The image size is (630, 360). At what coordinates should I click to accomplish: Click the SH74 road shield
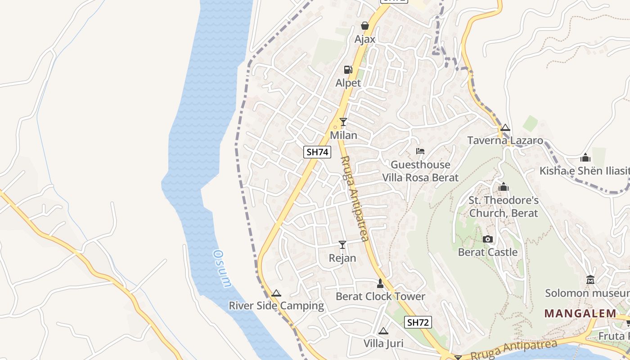pos(317,152)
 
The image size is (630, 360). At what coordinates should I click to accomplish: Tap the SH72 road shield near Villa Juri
pos(418,322)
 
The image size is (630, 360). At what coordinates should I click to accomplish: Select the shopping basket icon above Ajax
pos(365,26)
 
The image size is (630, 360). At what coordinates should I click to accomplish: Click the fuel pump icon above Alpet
pos(348,69)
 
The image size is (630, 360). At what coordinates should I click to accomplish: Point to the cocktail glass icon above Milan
pos(343,121)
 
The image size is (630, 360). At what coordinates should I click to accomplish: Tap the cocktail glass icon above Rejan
pos(342,244)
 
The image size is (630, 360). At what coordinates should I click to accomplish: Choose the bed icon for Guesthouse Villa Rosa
pos(420,151)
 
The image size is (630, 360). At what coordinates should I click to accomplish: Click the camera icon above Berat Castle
pos(488,239)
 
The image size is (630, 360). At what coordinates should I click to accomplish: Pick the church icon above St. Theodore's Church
pos(504,186)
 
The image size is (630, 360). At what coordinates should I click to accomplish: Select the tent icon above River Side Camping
pos(276,293)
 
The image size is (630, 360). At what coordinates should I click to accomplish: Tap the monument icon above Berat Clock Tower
pos(380,283)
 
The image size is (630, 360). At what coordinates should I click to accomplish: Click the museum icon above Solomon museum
pos(590,280)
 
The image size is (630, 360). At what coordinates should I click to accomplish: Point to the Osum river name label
pos(222,269)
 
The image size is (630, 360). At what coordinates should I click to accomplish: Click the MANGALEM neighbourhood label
pos(580,313)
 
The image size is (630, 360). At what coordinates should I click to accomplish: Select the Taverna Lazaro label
pos(505,140)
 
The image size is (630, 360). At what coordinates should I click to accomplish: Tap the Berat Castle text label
pos(488,252)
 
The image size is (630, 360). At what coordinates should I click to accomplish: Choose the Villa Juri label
pos(383,344)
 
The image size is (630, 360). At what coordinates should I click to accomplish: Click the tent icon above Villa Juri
pos(383,331)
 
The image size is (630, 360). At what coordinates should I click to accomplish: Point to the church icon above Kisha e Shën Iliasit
pos(585,157)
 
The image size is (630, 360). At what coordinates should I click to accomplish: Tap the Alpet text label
pos(348,83)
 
